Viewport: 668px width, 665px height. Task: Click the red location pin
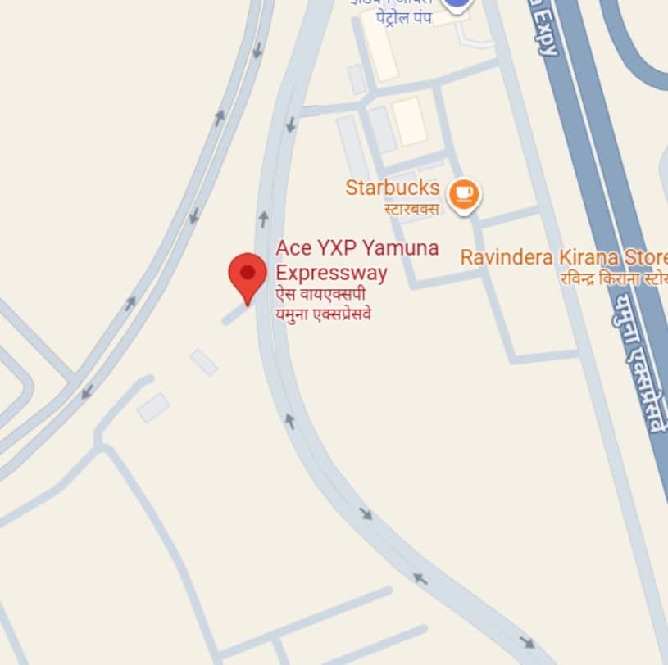point(247,275)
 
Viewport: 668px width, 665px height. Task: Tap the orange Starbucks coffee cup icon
point(464,193)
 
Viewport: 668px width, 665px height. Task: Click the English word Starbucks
point(392,188)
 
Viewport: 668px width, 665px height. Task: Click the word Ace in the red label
point(291,247)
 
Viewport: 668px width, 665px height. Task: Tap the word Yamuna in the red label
point(401,247)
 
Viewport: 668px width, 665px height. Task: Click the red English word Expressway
point(331,272)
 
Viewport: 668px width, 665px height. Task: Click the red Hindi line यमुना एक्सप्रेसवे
point(323,313)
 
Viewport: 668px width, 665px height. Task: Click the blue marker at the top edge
point(457,4)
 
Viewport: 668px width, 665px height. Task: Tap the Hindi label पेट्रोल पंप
point(403,18)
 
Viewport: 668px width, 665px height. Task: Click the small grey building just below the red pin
point(204,361)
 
